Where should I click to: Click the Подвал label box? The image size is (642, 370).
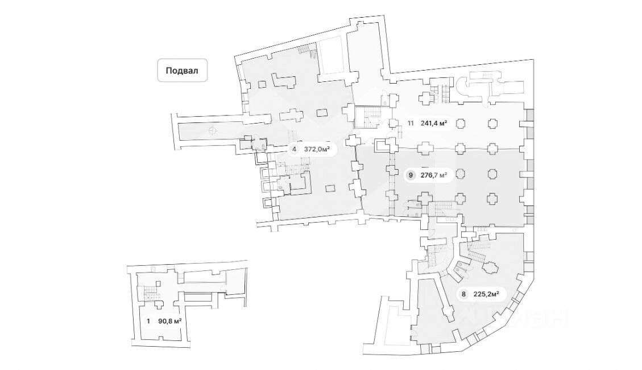[x=182, y=71]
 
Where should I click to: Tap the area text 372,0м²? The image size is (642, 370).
[x=317, y=150]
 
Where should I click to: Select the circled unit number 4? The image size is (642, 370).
[x=294, y=150]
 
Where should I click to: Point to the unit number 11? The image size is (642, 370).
[x=410, y=122]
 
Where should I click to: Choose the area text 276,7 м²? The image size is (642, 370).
[x=434, y=175]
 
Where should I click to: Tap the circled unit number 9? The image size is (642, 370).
[x=410, y=175]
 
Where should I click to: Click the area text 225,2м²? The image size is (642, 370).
[x=486, y=294]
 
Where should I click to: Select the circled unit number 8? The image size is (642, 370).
[x=464, y=294]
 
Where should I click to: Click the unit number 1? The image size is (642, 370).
[x=148, y=321]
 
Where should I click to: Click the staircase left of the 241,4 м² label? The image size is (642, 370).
[x=367, y=118]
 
